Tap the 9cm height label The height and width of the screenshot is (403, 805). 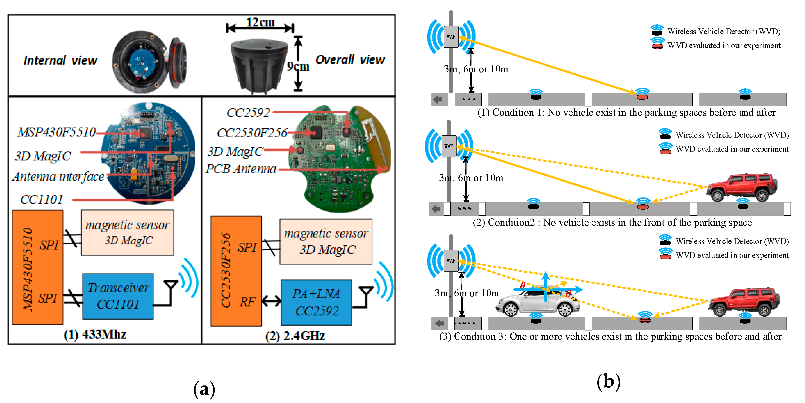pyautogui.click(x=298, y=66)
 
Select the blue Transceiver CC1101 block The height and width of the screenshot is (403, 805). pyautogui.click(x=118, y=296)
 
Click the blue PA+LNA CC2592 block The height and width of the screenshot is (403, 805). pyautogui.click(x=316, y=302)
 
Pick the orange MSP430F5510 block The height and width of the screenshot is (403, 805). pyautogui.click(x=37, y=267)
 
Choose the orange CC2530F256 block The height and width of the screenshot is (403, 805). pyautogui.click(x=236, y=271)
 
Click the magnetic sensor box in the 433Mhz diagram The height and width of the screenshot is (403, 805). pyautogui.click(x=128, y=232)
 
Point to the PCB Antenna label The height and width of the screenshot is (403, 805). pyautogui.click(x=241, y=169)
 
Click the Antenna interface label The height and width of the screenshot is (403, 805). pyautogui.click(x=59, y=177)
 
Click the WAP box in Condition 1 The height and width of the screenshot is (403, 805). pyautogui.click(x=451, y=37)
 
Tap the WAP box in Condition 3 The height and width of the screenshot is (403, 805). pyautogui.click(x=451, y=261)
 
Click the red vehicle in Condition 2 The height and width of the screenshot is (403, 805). pyautogui.click(x=741, y=187)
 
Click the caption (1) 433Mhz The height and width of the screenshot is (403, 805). pyautogui.click(x=95, y=334)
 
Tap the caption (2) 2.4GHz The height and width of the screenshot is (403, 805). pyautogui.click(x=295, y=336)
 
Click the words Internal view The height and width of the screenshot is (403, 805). pyautogui.click(x=60, y=60)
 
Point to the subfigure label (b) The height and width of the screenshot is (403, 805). pyautogui.click(x=608, y=382)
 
